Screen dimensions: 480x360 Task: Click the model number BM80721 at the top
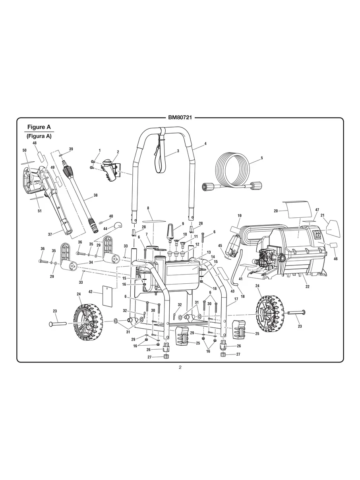click(180, 118)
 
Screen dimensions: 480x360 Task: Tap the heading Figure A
click(39, 127)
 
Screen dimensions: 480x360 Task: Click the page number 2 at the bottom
click(180, 367)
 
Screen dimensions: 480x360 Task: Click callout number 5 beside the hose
click(262, 158)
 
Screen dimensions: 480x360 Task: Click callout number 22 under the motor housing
click(307, 286)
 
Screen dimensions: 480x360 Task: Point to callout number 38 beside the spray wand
click(95, 195)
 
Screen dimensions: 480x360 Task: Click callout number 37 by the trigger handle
click(50, 234)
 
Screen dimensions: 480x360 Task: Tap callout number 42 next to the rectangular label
click(91, 292)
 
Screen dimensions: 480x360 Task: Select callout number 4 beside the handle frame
click(205, 143)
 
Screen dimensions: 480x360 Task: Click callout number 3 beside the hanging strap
click(178, 151)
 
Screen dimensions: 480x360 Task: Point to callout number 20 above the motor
click(275, 211)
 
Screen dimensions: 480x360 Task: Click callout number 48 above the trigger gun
click(35, 143)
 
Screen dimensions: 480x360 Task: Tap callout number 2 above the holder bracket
click(118, 152)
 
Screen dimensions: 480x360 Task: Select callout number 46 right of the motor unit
click(335, 259)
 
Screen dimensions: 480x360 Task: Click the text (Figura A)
click(39, 136)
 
